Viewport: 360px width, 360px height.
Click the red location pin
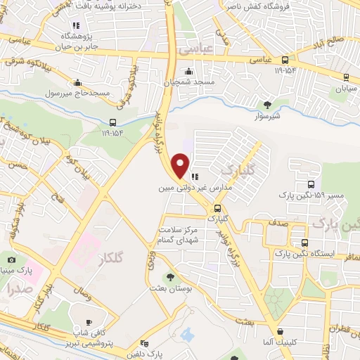pos(181,166)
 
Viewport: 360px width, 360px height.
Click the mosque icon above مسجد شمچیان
pos(188,72)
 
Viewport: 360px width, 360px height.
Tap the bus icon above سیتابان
pos(346,77)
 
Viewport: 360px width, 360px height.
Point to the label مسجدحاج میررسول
pos(76,93)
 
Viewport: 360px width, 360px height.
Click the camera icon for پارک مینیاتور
pos(11,259)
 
